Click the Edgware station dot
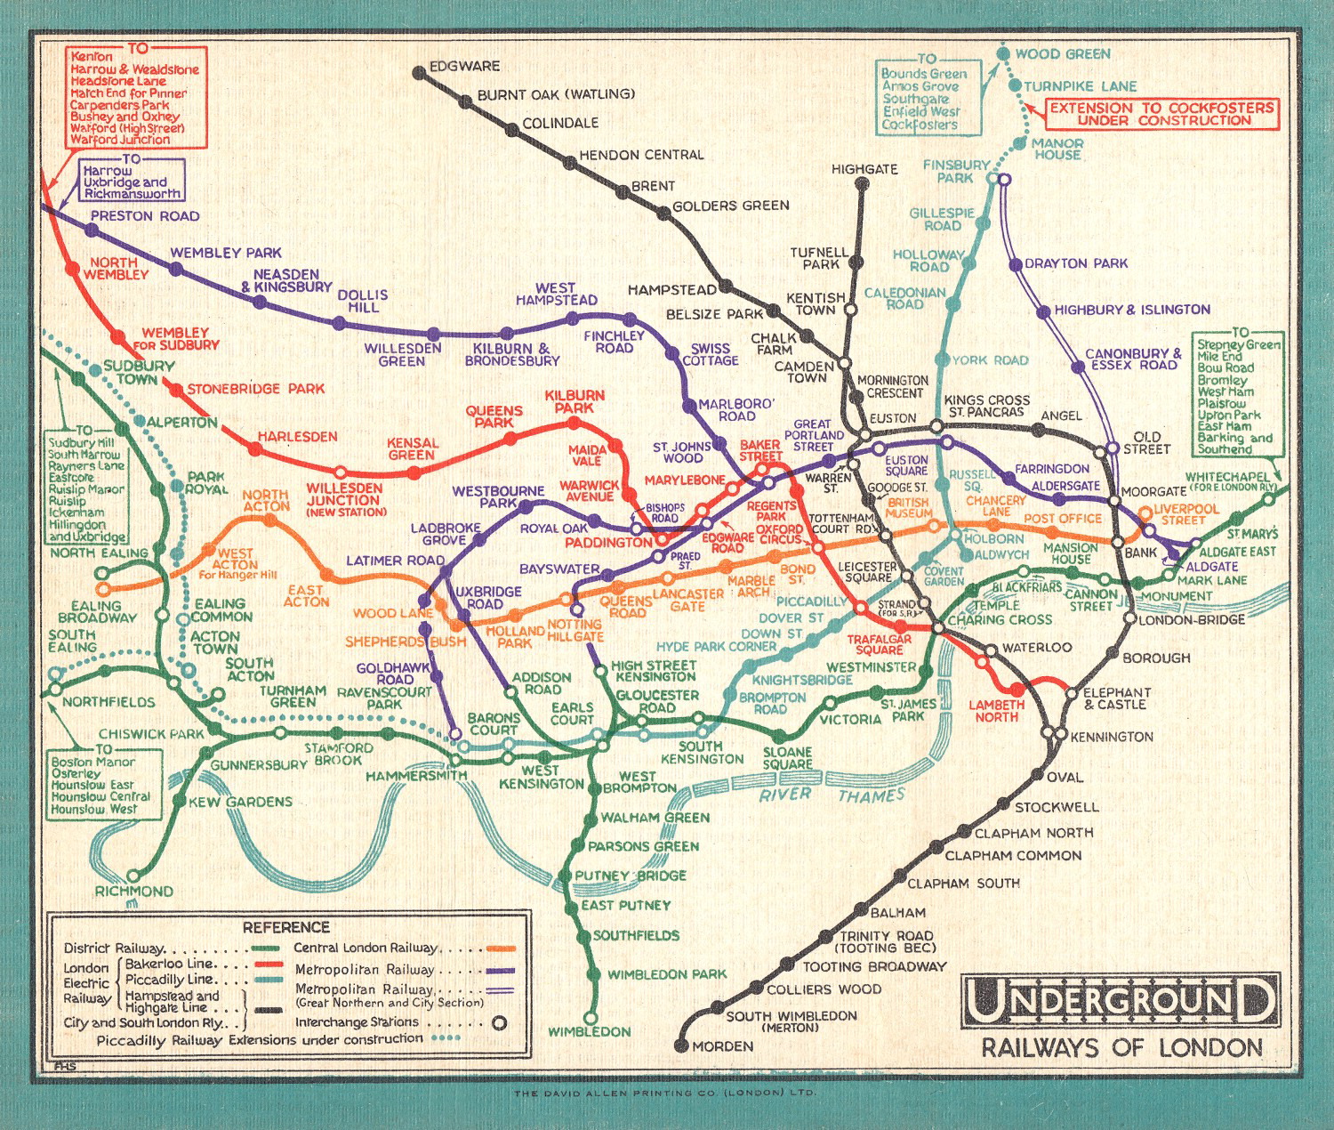[x=419, y=72]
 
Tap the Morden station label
[x=722, y=1046]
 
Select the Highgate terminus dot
[x=862, y=184]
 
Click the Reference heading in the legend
[x=285, y=927]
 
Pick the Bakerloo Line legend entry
[x=169, y=964]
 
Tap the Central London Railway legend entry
[x=366, y=948]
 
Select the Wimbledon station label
[x=589, y=1032]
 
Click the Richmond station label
[x=134, y=891]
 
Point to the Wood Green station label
[x=1063, y=54]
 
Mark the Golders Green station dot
[x=663, y=213]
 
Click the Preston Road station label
[x=145, y=216]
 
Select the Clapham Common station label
[x=1013, y=856]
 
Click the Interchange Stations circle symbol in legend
[x=500, y=1023]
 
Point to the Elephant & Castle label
[x=1116, y=698]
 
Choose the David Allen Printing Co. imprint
[x=663, y=1093]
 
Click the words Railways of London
[x=1121, y=1048]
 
